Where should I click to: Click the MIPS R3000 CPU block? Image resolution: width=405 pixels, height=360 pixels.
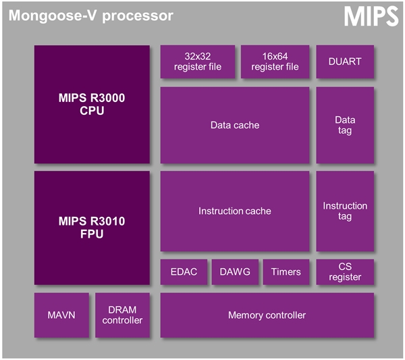click(x=92, y=105)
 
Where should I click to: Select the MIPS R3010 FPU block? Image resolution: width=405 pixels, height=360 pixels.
click(x=92, y=228)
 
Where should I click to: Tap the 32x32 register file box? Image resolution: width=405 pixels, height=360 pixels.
click(x=197, y=61)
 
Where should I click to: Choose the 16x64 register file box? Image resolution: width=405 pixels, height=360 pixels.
click(x=275, y=61)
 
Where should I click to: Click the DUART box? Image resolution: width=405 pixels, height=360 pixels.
click(x=344, y=61)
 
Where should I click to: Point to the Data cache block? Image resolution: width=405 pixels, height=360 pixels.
click(x=234, y=125)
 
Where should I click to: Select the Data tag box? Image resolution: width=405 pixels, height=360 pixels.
click(x=344, y=125)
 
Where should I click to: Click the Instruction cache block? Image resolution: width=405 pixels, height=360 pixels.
click(x=234, y=211)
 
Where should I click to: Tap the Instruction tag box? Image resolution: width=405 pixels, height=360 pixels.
click(x=344, y=211)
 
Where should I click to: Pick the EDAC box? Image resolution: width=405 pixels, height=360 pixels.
click(x=183, y=272)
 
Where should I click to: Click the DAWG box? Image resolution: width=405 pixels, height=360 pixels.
click(x=234, y=272)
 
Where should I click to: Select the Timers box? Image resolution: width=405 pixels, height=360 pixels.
click(x=286, y=272)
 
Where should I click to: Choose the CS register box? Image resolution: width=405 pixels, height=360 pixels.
click(x=344, y=272)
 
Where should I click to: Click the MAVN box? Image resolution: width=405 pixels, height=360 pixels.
click(x=61, y=315)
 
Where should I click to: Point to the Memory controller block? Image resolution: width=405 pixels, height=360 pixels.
click(x=267, y=315)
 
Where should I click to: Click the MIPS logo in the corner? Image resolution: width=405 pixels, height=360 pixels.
click(x=371, y=17)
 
